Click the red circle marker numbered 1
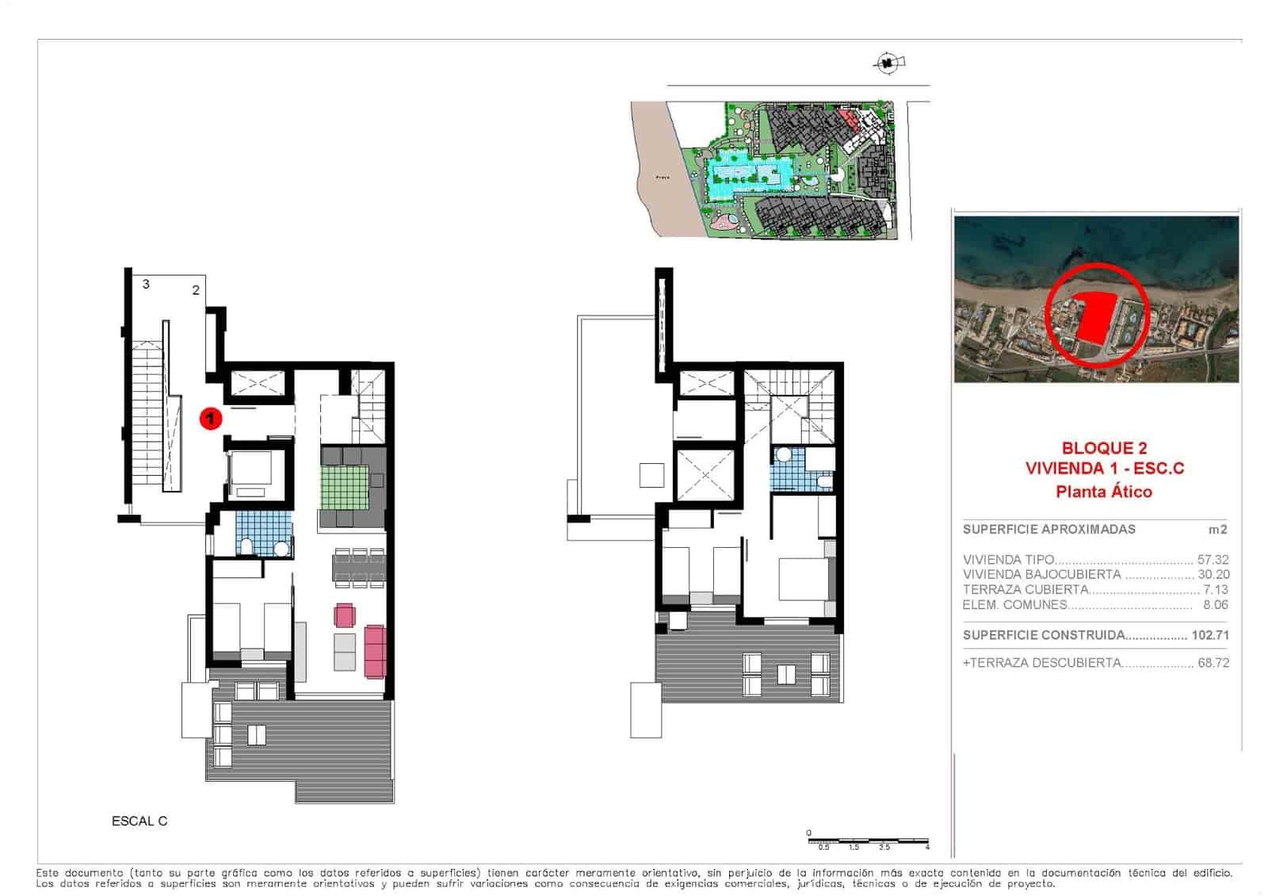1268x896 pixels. (210, 417)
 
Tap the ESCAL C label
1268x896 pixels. (139, 821)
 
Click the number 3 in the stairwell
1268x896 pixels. (146, 284)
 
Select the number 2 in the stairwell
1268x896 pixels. (196, 290)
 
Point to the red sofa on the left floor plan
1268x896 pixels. (374, 651)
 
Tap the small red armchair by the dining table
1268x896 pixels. (345, 615)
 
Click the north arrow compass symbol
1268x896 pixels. (888, 62)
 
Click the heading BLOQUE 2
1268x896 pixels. (1104, 449)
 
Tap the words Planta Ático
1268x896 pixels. (1104, 492)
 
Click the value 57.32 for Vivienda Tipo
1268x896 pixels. (1213, 560)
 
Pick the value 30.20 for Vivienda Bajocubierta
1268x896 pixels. (1213, 575)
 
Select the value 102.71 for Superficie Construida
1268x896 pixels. (1210, 635)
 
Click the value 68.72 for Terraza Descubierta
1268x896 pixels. (1213, 663)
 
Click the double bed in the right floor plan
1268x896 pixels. (804, 579)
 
